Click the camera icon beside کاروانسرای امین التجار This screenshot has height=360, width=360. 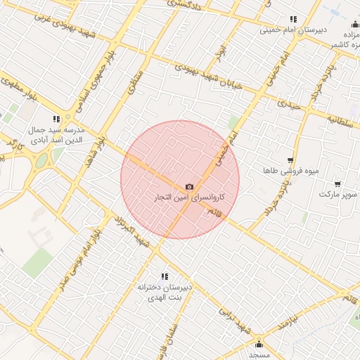click(189, 186)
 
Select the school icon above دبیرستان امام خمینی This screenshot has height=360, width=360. click(293, 20)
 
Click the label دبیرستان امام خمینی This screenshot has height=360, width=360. click(288, 30)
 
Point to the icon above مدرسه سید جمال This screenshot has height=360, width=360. click(56, 120)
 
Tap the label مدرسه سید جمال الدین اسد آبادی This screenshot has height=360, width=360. click(58, 136)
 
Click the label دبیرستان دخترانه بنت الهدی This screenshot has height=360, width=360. click(165, 293)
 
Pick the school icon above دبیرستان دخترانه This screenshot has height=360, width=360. click(165, 277)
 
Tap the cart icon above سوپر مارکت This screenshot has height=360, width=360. click(337, 184)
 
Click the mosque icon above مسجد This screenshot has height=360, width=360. click(259, 344)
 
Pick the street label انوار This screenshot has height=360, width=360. click(223, 53)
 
